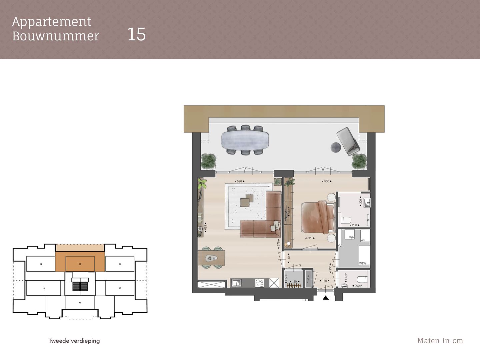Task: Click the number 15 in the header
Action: click(x=136, y=34)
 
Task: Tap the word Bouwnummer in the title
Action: click(x=56, y=36)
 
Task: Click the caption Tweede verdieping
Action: click(x=74, y=341)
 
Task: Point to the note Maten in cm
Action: click(x=440, y=341)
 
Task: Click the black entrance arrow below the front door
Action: click(x=326, y=298)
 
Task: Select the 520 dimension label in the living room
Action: click(x=239, y=181)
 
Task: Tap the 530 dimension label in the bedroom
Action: click(x=327, y=181)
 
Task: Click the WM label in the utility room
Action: click(x=352, y=238)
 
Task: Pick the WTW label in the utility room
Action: click(x=362, y=263)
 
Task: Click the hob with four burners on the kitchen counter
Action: click(x=260, y=283)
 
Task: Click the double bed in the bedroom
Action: click(x=318, y=217)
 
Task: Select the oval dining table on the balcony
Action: click(x=245, y=139)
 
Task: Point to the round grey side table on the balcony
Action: click(x=336, y=147)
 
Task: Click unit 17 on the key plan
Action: click(x=120, y=288)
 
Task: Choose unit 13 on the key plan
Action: click(x=44, y=288)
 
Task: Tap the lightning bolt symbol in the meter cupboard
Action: click(x=308, y=278)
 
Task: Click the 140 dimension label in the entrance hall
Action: click(x=324, y=281)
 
